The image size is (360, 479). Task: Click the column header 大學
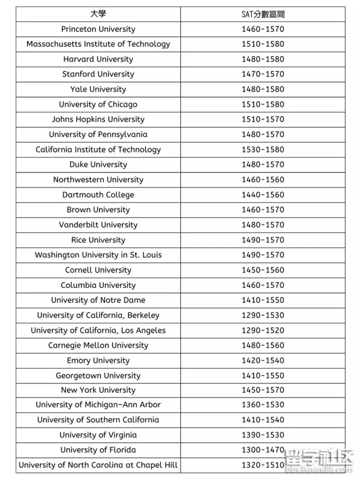click(x=98, y=14)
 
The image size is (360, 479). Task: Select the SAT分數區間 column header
click(x=263, y=14)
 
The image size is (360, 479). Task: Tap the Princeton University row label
click(x=98, y=29)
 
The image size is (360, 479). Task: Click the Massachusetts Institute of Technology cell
click(x=98, y=44)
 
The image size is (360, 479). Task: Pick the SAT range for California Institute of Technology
click(x=263, y=149)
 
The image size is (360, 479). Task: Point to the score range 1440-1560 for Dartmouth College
click(x=263, y=195)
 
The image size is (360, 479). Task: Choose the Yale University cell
click(x=98, y=89)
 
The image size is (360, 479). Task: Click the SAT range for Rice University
click(x=263, y=240)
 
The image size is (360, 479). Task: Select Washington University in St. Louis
click(x=98, y=255)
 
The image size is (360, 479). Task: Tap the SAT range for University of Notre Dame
click(x=263, y=300)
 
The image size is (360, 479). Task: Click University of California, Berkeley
click(x=98, y=315)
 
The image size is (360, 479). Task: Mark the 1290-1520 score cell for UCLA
click(x=263, y=330)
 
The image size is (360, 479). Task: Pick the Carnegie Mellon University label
click(x=98, y=345)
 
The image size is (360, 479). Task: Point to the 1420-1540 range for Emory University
click(x=263, y=360)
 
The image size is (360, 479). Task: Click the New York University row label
click(x=98, y=390)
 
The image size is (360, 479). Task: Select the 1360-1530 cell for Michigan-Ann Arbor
click(x=263, y=405)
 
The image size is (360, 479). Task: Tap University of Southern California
click(x=98, y=420)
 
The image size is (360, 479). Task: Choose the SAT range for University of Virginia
click(x=263, y=435)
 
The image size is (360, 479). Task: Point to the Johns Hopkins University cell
click(x=98, y=119)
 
